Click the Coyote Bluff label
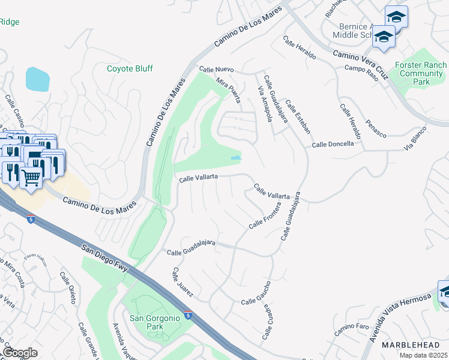(x=130, y=69)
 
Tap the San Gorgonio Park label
(x=155, y=323)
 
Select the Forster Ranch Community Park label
(x=421, y=73)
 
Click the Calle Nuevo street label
(x=215, y=70)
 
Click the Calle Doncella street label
(x=333, y=145)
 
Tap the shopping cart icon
(x=31, y=176)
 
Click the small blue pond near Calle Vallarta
(x=237, y=158)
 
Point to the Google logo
(x=20, y=353)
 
